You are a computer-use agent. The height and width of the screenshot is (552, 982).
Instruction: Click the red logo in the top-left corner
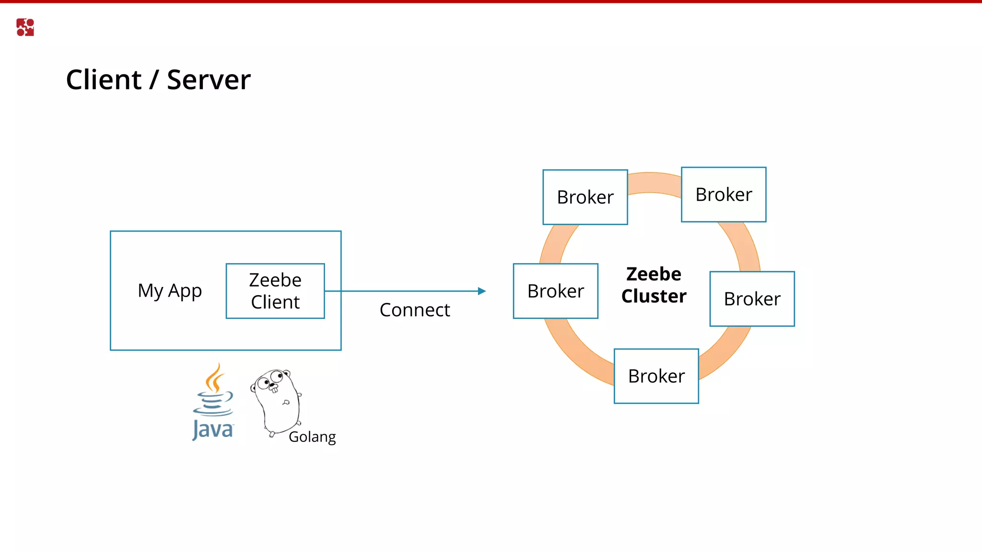tap(25, 27)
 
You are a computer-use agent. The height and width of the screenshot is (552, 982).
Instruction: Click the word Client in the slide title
tap(104, 80)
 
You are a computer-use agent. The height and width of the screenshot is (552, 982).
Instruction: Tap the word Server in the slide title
tap(209, 80)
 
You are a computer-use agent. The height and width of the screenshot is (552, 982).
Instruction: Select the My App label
tap(170, 291)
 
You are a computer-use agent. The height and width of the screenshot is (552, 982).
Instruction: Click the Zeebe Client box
tap(275, 291)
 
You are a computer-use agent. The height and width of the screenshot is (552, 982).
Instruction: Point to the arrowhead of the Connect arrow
tap(482, 291)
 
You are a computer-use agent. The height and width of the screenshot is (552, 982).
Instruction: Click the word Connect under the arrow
tap(415, 310)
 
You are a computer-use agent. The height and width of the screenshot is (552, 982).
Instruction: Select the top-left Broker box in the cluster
tap(585, 197)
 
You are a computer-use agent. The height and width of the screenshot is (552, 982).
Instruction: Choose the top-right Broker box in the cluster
tap(724, 195)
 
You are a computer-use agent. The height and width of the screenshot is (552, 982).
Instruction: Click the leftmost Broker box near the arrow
tap(555, 291)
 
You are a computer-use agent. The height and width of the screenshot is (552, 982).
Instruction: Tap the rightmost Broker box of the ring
tap(752, 299)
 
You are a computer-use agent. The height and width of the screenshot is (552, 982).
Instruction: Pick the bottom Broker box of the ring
tap(656, 376)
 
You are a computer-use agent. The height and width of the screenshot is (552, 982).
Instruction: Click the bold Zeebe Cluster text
tap(654, 285)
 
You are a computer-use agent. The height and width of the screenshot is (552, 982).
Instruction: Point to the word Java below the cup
tap(213, 429)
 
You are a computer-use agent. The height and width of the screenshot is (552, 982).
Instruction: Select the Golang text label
tap(312, 437)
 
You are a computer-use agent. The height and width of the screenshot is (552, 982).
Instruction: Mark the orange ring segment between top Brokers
tap(655, 183)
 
